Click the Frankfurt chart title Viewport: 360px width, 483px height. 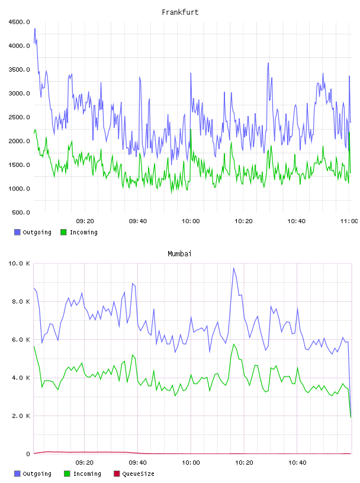180,12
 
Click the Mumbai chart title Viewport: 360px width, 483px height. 179,253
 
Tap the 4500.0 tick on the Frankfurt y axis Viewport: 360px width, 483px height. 20,22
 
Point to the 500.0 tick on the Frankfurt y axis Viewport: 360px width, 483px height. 21,212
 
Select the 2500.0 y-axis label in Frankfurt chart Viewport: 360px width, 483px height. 20,117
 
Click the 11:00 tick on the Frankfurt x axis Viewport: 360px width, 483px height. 349,221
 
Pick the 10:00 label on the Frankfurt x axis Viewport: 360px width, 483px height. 191,221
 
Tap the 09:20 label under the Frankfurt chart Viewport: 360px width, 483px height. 85,221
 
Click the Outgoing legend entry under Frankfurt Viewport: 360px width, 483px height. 33,232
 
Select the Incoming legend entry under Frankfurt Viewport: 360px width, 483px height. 79,232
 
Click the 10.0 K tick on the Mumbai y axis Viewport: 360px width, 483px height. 20,263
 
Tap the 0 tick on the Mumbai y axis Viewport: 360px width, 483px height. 28,454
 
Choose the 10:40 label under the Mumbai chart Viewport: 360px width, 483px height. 297,462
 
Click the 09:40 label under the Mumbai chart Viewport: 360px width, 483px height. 138,462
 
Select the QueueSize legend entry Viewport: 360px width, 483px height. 134,474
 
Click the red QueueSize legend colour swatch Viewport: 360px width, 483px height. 117,474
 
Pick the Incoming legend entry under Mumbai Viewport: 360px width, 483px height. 82,474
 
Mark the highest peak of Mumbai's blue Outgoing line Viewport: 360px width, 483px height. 234,268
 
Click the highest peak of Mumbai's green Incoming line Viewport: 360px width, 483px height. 234,344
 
